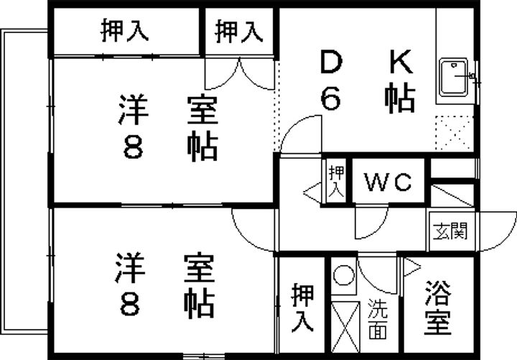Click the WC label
click(389, 183)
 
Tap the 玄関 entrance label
click(450, 231)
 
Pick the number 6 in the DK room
click(330, 99)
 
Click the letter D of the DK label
click(330, 63)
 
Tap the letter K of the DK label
click(401, 63)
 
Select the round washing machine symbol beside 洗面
click(344, 275)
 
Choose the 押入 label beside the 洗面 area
click(302, 308)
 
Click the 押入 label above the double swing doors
click(239, 31)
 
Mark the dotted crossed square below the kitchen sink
click(455, 132)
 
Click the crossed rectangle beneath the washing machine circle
click(344, 326)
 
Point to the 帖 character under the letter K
click(401, 98)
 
